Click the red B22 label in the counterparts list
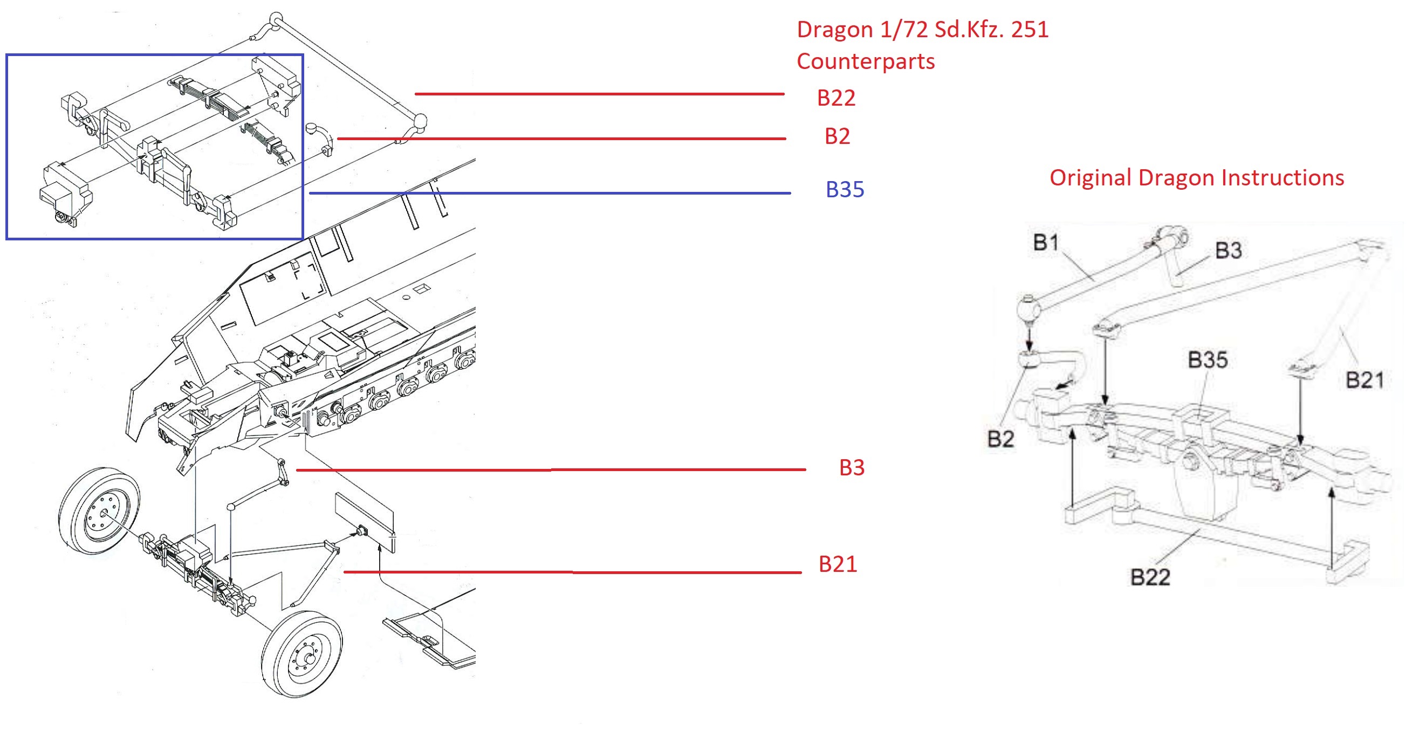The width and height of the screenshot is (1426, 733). click(836, 98)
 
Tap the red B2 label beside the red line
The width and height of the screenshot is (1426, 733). click(837, 136)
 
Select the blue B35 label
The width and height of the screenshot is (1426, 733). click(845, 189)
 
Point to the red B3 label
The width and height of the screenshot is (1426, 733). click(852, 467)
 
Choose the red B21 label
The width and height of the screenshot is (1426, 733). click(838, 564)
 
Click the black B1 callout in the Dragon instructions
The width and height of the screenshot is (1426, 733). click(1046, 243)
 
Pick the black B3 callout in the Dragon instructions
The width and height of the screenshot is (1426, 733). click(1229, 251)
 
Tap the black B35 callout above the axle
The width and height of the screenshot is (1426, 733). click(1208, 360)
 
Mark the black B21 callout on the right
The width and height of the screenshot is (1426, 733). click(1365, 381)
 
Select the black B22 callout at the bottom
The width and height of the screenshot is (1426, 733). click(1150, 578)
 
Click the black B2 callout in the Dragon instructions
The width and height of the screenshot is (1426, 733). click(1001, 439)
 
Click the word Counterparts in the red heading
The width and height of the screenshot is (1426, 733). click(866, 61)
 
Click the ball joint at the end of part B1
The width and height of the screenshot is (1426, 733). click(1029, 308)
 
